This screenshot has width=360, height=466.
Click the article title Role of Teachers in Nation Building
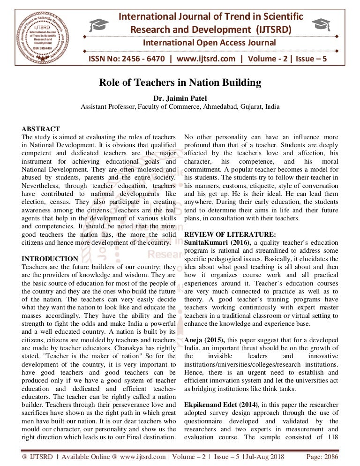point(180,83)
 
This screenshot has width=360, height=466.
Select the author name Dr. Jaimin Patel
point(180,98)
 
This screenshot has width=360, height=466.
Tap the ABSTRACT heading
point(41,129)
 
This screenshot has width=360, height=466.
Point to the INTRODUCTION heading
point(50,258)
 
